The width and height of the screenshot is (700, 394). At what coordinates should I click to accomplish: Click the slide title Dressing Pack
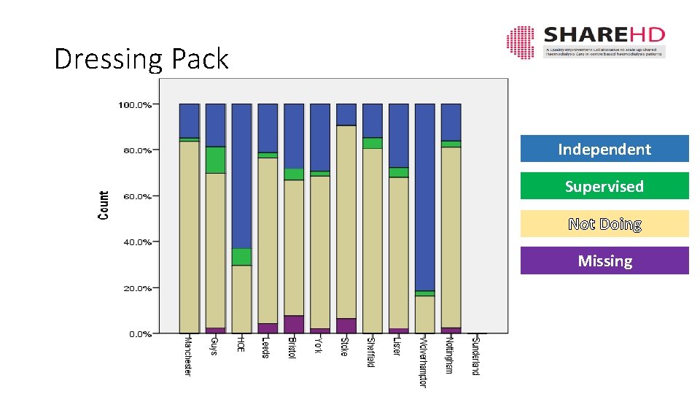(141, 59)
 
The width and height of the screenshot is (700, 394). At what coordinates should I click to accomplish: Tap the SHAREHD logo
(585, 42)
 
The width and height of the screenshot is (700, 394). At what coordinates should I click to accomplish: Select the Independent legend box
(604, 149)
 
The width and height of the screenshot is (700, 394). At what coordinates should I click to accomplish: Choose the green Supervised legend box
(604, 186)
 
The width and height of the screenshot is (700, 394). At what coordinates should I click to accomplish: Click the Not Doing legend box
(604, 224)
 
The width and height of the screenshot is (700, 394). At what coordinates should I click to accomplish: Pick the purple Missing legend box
(604, 260)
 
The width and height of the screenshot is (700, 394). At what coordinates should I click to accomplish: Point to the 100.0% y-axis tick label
(135, 105)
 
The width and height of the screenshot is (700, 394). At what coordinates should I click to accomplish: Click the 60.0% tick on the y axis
(135, 196)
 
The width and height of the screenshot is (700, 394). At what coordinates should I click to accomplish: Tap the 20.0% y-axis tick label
(135, 288)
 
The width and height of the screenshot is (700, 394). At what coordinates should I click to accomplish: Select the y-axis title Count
(104, 206)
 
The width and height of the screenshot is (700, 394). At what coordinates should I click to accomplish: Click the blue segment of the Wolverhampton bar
(425, 197)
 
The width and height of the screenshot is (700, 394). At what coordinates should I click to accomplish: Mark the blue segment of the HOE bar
(241, 175)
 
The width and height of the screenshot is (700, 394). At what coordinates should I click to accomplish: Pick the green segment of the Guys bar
(215, 160)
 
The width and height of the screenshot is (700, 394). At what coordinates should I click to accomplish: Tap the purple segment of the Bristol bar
(294, 324)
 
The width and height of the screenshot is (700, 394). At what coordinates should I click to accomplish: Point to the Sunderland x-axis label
(476, 355)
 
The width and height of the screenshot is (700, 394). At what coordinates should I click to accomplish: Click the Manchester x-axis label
(188, 357)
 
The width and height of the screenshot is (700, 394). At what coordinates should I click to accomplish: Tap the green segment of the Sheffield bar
(373, 143)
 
